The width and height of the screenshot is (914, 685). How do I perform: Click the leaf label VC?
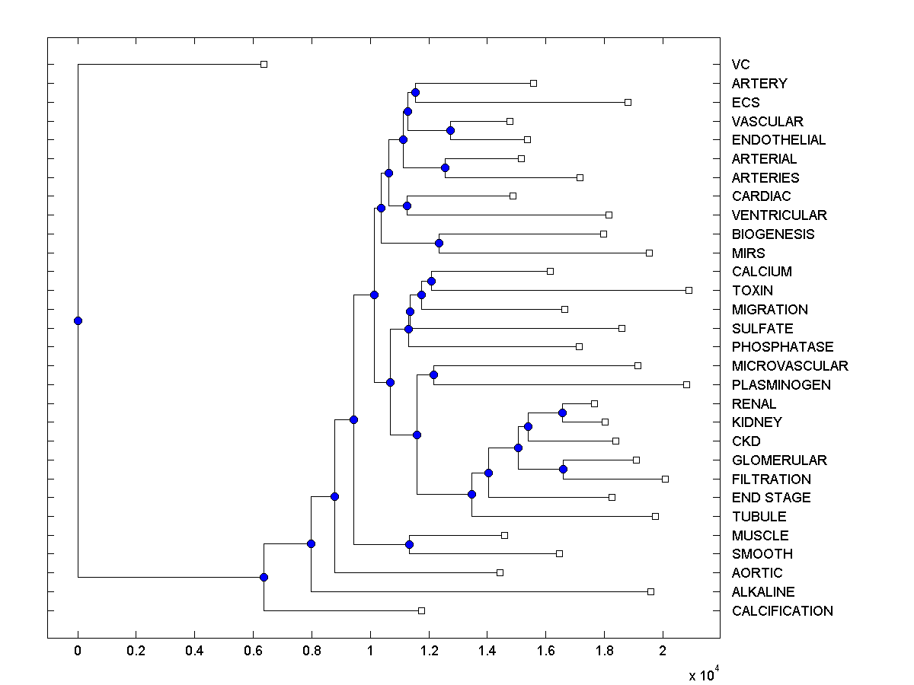[x=740, y=65]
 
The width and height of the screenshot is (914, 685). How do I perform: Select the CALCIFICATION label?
[x=782, y=611]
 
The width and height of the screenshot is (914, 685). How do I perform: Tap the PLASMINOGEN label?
[x=781, y=385]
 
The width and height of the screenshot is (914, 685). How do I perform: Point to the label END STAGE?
[x=771, y=498]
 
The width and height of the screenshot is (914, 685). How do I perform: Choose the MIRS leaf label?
[x=748, y=253]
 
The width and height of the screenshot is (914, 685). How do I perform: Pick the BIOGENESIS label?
[x=773, y=234]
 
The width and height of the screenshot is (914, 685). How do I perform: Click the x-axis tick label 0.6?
[x=253, y=652]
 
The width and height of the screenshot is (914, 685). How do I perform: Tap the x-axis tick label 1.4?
[x=487, y=652]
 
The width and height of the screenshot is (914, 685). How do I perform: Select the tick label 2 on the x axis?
[x=663, y=652]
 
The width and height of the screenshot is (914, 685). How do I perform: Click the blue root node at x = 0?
[x=78, y=320]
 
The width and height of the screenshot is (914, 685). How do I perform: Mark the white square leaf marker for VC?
[x=264, y=64]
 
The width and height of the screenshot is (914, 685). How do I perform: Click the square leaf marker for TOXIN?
[x=689, y=290]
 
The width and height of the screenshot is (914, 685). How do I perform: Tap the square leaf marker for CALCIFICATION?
[x=421, y=610]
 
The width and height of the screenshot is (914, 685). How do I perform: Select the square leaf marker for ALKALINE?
[x=650, y=591]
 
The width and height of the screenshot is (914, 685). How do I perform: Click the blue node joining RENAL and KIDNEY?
[x=562, y=413]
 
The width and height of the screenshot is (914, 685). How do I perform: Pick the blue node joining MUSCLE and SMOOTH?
[x=409, y=544]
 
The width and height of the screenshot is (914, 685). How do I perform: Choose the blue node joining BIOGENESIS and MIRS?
[x=439, y=244]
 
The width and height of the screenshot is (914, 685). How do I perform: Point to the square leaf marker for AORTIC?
[x=500, y=572]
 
